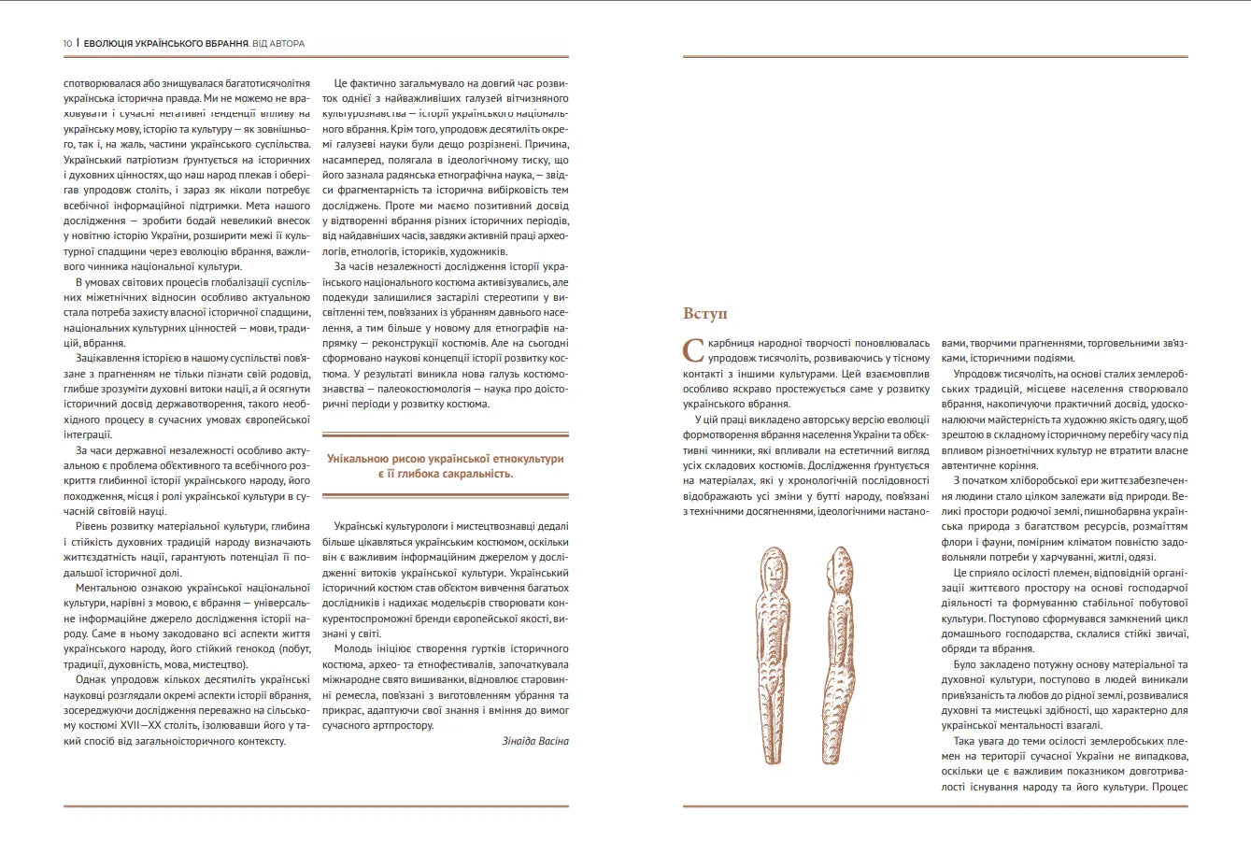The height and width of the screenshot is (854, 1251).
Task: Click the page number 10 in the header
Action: pos(67,44)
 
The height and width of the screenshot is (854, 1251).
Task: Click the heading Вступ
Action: pos(705,313)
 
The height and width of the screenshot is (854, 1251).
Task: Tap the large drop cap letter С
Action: pos(693,350)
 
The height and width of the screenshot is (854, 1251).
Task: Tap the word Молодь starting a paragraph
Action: pos(352,648)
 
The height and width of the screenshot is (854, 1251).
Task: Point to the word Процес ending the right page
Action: pos(1170,787)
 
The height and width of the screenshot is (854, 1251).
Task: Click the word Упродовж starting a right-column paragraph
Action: pos(976,374)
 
